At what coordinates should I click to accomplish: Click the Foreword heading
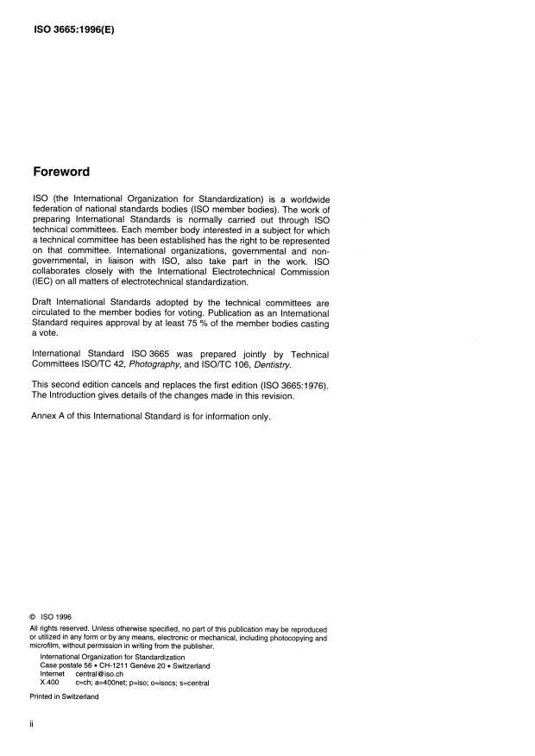[62, 172]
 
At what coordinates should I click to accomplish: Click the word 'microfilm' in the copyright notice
[47, 645]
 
